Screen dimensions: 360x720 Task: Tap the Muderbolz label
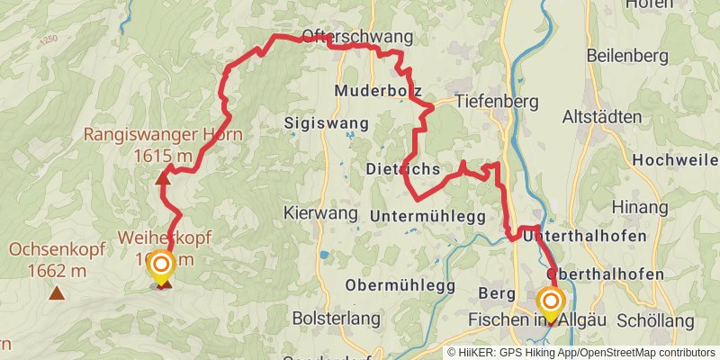click(x=377, y=91)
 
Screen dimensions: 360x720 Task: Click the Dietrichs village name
click(x=402, y=169)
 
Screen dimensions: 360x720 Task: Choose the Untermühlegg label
click(x=427, y=216)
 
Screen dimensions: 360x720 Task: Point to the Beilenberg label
click(x=627, y=56)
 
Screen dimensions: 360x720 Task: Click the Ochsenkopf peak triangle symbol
click(x=57, y=292)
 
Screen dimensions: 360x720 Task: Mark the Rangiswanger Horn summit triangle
click(x=163, y=177)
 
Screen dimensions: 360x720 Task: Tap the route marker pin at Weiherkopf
click(x=161, y=265)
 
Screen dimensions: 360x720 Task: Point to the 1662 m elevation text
click(x=57, y=269)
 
